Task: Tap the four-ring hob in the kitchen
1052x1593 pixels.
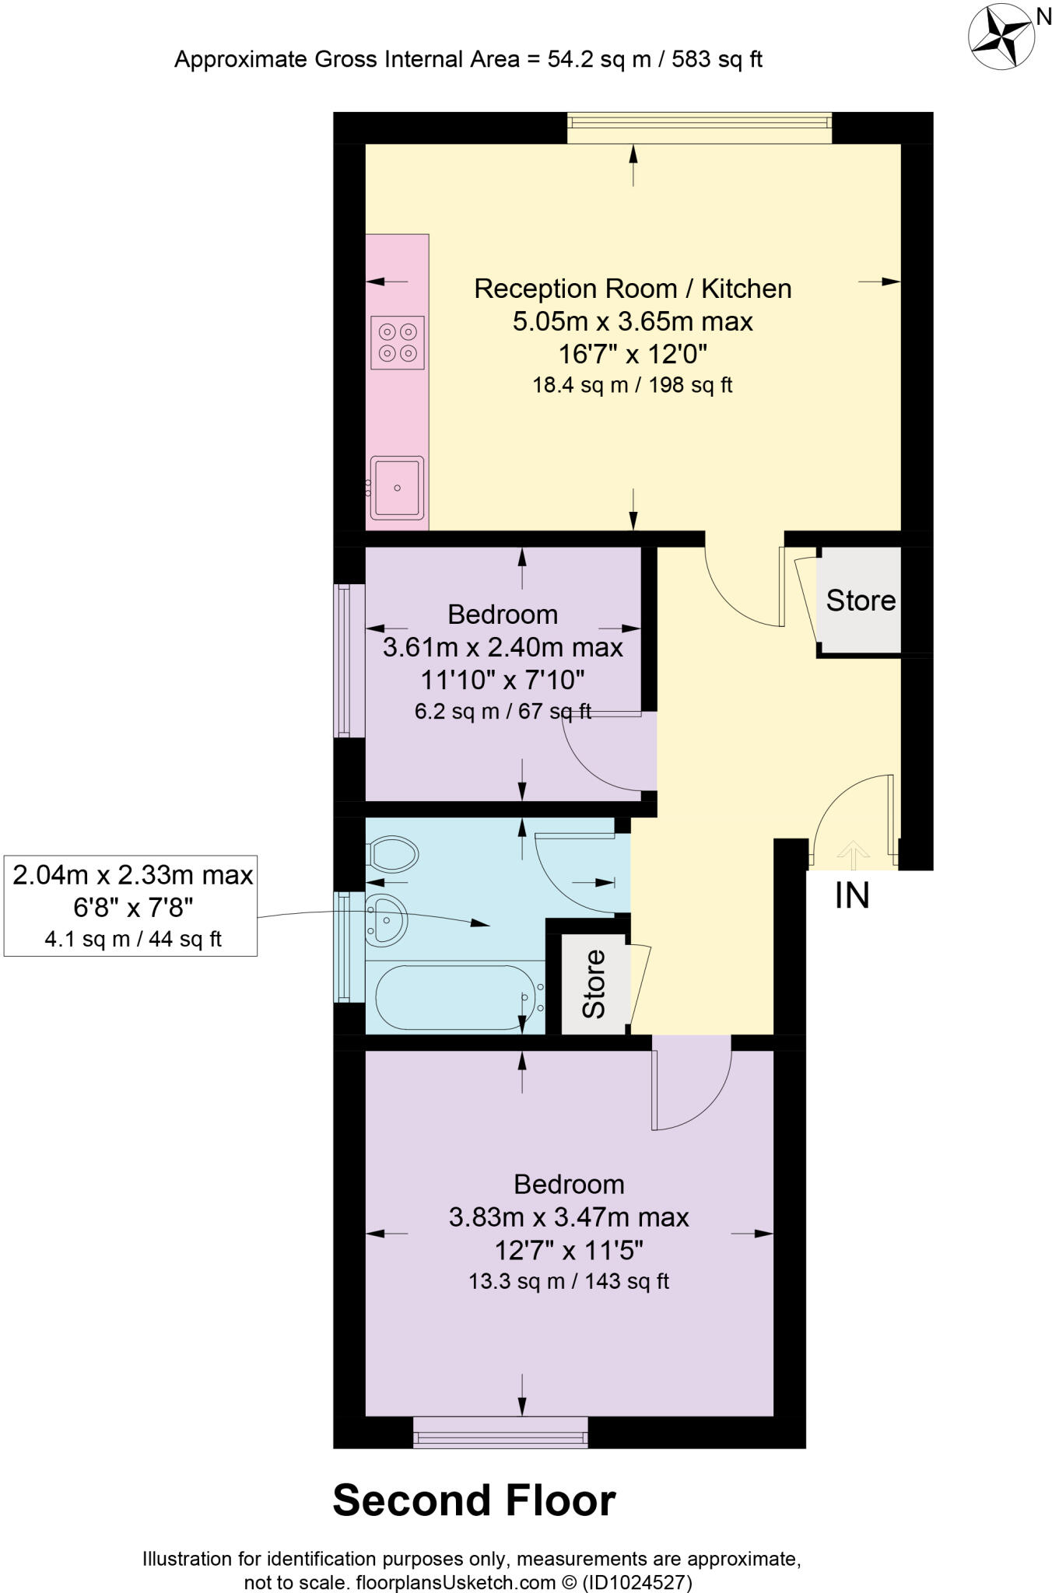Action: point(397,342)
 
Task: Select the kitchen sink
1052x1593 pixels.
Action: point(397,488)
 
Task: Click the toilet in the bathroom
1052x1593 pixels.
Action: point(393,855)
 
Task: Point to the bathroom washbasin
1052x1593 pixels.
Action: point(386,918)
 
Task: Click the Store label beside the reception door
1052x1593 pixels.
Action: point(861,600)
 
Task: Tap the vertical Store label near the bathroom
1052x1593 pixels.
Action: point(594,983)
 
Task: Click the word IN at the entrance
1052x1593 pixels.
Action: point(852,896)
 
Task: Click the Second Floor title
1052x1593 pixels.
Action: point(474,1500)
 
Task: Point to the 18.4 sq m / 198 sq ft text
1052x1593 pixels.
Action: point(632,385)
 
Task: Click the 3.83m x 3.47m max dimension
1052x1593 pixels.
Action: point(569,1217)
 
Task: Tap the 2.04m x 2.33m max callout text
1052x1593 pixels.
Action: point(133,875)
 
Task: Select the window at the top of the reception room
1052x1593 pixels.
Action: point(699,128)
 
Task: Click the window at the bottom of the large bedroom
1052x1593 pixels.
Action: point(500,1432)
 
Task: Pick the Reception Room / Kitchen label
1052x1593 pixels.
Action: point(633,289)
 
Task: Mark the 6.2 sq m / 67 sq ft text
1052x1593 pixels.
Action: point(503,711)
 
